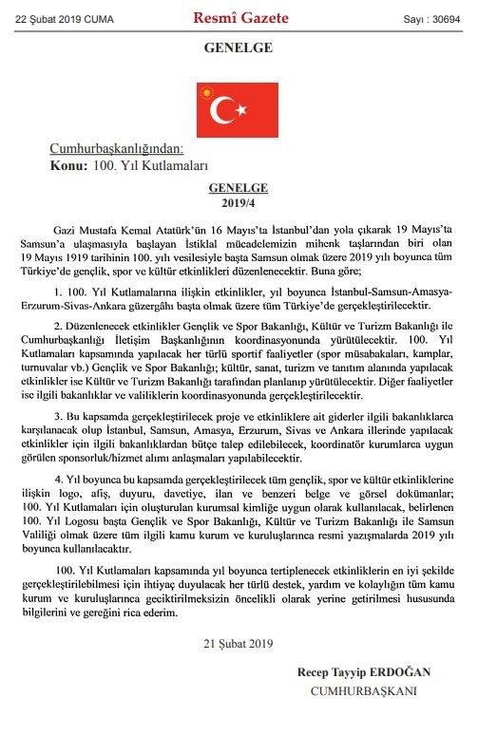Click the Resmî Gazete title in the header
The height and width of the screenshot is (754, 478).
pos(239,16)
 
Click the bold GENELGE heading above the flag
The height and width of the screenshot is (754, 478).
pos(239,47)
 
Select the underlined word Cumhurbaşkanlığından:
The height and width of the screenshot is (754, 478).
pos(116,148)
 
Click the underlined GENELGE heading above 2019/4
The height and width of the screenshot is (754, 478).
pos(239,189)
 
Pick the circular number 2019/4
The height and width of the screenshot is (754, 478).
pos(239,203)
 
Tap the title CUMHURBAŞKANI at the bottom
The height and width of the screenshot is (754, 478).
pos(364,690)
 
